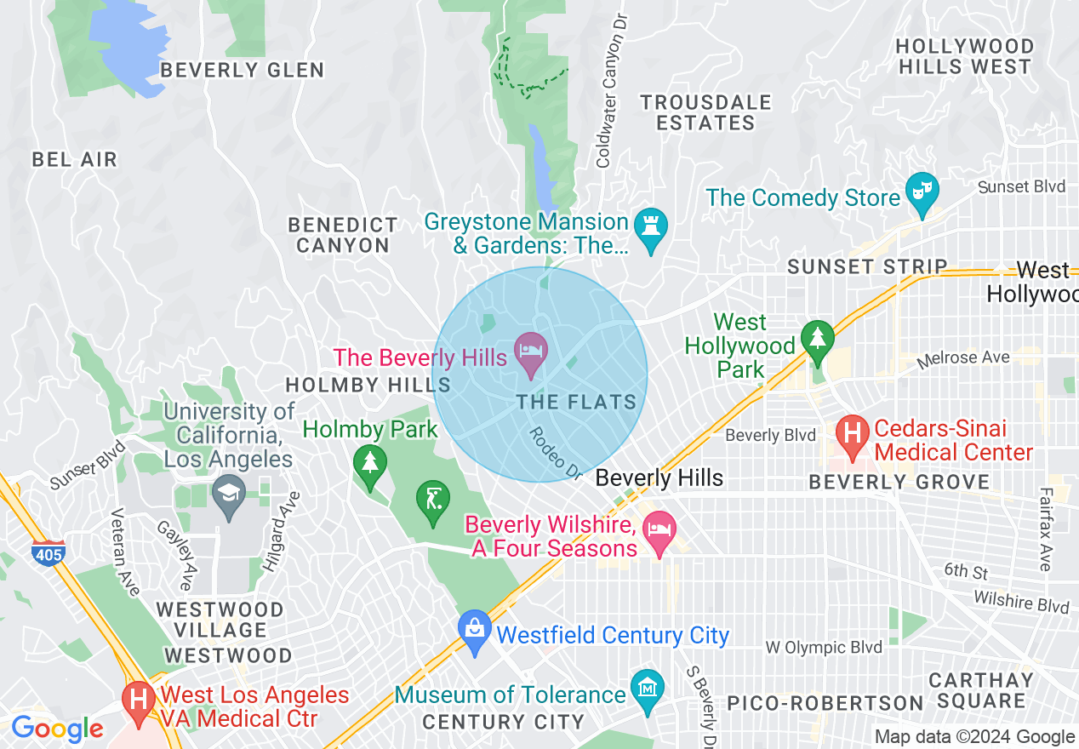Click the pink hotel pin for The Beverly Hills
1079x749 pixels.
532,352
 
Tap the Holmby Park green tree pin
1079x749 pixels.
369,465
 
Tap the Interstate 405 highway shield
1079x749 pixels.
47,554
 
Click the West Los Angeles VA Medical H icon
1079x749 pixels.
138,700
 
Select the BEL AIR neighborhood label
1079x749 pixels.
74,159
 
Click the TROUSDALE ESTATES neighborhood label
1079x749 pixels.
705,112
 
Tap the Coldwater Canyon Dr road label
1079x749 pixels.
612,89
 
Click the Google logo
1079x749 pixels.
57,729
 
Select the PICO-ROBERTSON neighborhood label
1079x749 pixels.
825,703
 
